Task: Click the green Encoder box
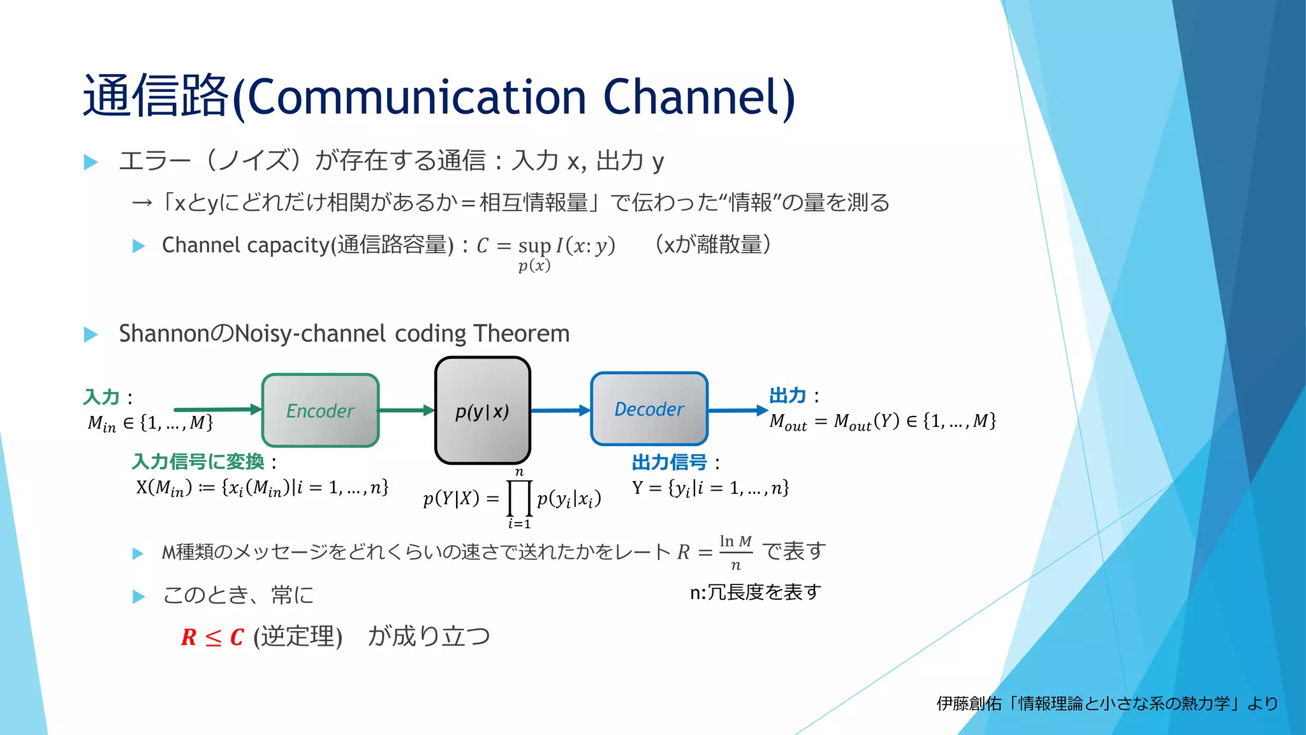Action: tap(320, 410)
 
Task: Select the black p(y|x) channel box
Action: tap(482, 410)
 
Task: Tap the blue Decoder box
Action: tap(649, 409)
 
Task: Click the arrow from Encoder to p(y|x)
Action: tap(407, 410)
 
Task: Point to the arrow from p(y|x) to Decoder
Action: tap(561, 410)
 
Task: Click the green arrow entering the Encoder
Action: tap(217, 409)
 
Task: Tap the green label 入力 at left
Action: tap(101, 397)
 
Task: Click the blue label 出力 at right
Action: tap(788, 396)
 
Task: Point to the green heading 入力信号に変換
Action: tap(198, 461)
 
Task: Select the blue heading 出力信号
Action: tap(669, 462)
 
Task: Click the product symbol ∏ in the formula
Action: tap(519, 498)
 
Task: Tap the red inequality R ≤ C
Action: tap(212, 637)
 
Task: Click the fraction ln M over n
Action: tap(735, 553)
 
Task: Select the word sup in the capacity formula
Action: tap(534, 246)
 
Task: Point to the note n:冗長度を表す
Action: tap(755, 592)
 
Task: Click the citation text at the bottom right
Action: tap(1107, 703)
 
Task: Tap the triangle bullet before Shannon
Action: tap(91, 334)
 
